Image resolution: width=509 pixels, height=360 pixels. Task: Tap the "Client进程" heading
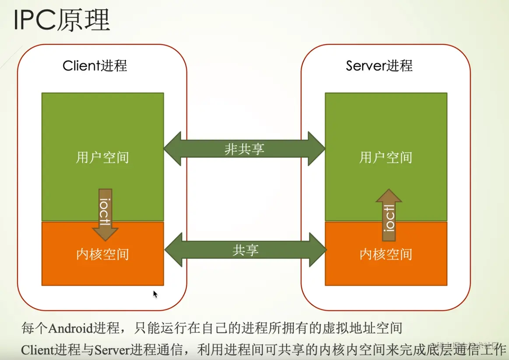(x=95, y=66)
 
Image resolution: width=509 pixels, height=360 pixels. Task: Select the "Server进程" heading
(x=379, y=66)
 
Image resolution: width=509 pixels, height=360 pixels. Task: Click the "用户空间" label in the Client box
(x=102, y=157)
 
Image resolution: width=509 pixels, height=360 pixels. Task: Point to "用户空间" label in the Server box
(x=386, y=157)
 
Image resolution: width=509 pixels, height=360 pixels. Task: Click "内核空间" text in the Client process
(x=102, y=254)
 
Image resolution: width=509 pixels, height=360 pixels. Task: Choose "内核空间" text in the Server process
(x=386, y=254)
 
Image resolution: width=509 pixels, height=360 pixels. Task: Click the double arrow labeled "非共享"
(x=244, y=149)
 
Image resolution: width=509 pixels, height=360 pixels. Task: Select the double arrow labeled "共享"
(x=245, y=250)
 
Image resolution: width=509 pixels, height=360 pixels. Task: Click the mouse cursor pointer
(x=154, y=294)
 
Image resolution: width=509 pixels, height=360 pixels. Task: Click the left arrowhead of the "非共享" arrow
(x=172, y=149)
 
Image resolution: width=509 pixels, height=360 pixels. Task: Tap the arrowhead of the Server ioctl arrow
(x=389, y=196)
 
